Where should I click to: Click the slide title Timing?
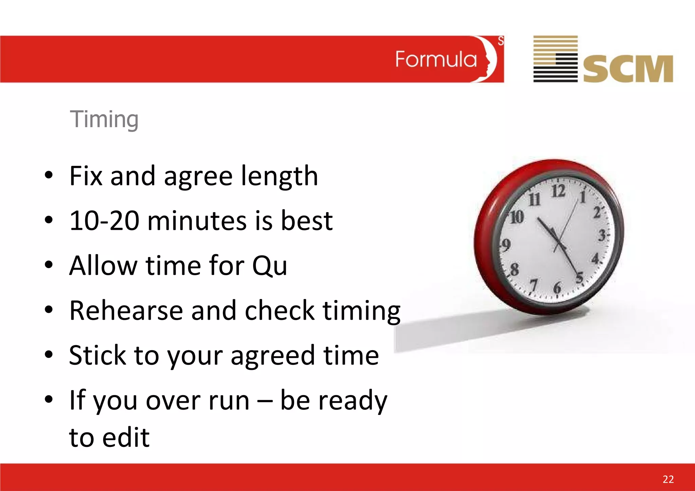[x=104, y=119]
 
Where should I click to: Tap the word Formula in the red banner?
[x=436, y=60]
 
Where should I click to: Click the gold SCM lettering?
[x=628, y=69]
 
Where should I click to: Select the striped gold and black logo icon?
[x=555, y=59]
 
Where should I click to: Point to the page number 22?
[x=668, y=479]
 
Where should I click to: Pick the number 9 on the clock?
[x=506, y=245]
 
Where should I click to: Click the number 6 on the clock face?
[x=557, y=288]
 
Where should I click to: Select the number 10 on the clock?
[x=517, y=217]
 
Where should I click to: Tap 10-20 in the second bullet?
[x=104, y=221]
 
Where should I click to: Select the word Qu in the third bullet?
[x=270, y=266]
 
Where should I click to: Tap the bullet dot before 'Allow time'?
[x=49, y=265]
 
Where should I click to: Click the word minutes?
[x=197, y=221]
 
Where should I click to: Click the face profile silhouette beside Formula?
[x=488, y=60]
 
